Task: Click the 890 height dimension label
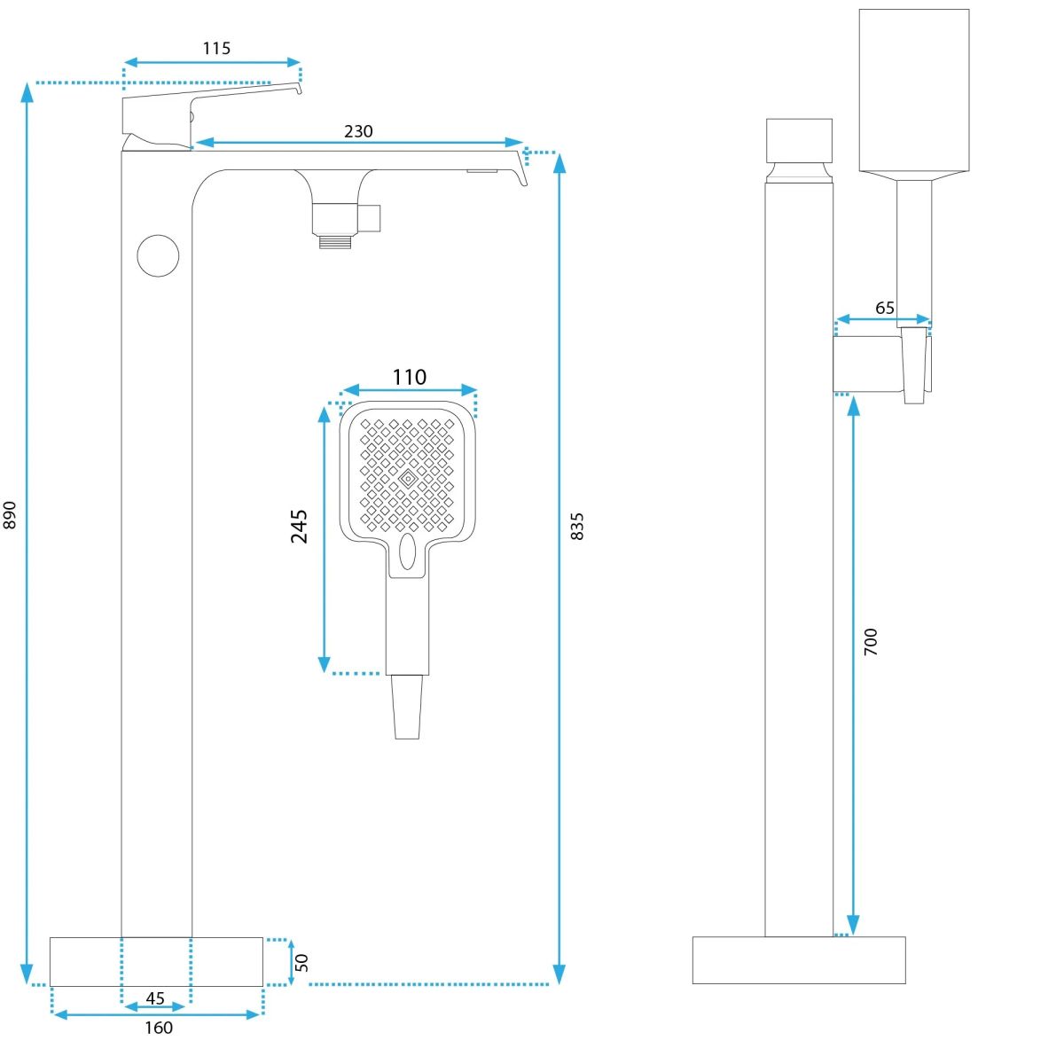click(x=11, y=515)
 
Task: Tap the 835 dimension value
click(x=577, y=526)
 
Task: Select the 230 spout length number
click(x=358, y=131)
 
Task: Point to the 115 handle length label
click(x=216, y=49)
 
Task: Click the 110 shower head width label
click(x=409, y=377)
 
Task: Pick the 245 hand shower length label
click(x=299, y=526)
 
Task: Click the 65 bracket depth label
click(x=885, y=308)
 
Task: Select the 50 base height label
click(x=302, y=962)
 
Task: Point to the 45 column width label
click(x=155, y=998)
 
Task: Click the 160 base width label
click(x=159, y=1028)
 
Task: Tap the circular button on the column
click(x=159, y=255)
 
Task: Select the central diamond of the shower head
click(x=408, y=479)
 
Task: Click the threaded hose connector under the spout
click(x=337, y=239)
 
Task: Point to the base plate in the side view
click(x=798, y=959)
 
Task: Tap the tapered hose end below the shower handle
click(x=408, y=707)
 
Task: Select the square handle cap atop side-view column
click(x=799, y=140)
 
